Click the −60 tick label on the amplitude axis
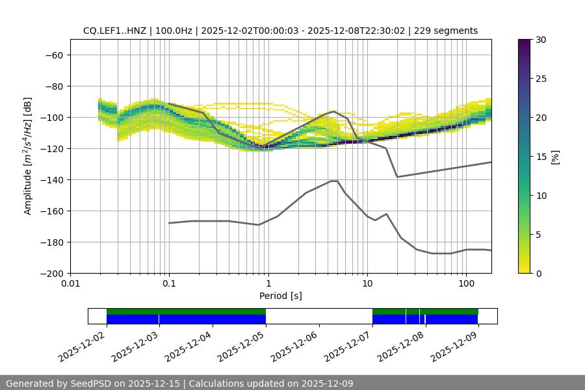(53, 55)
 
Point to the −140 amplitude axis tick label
(51, 179)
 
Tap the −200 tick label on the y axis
(51, 273)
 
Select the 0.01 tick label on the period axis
(70, 284)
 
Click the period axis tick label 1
(268, 284)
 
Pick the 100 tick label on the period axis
(465, 284)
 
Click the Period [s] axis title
(281, 296)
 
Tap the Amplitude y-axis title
(28, 156)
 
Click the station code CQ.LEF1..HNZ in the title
(114, 31)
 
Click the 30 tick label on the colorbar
(541, 40)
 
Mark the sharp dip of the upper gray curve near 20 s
(397, 177)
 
